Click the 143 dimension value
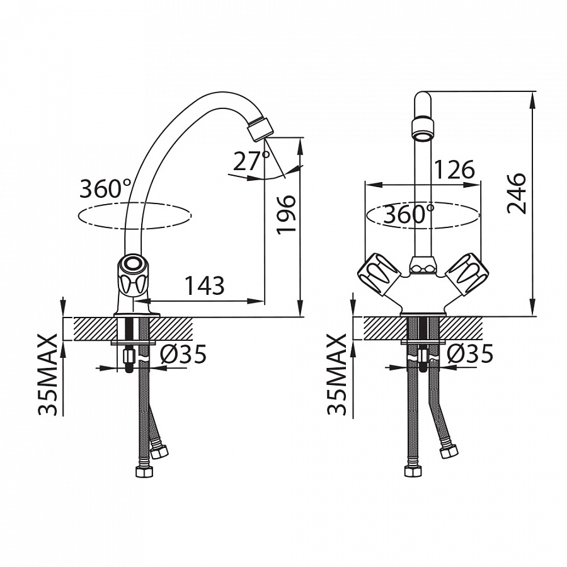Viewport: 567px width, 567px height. click(x=205, y=285)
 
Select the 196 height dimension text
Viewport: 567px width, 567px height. click(x=286, y=215)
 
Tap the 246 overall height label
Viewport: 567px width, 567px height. click(x=516, y=193)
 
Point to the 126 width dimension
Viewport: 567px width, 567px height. click(x=454, y=169)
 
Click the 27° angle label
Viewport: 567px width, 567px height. click(x=251, y=161)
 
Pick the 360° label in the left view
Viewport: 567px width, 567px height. click(x=106, y=189)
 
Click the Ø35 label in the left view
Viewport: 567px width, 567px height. click(x=183, y=353)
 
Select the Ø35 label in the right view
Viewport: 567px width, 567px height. click(x=470, y=353)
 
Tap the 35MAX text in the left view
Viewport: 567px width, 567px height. click(x=47, y=374)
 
